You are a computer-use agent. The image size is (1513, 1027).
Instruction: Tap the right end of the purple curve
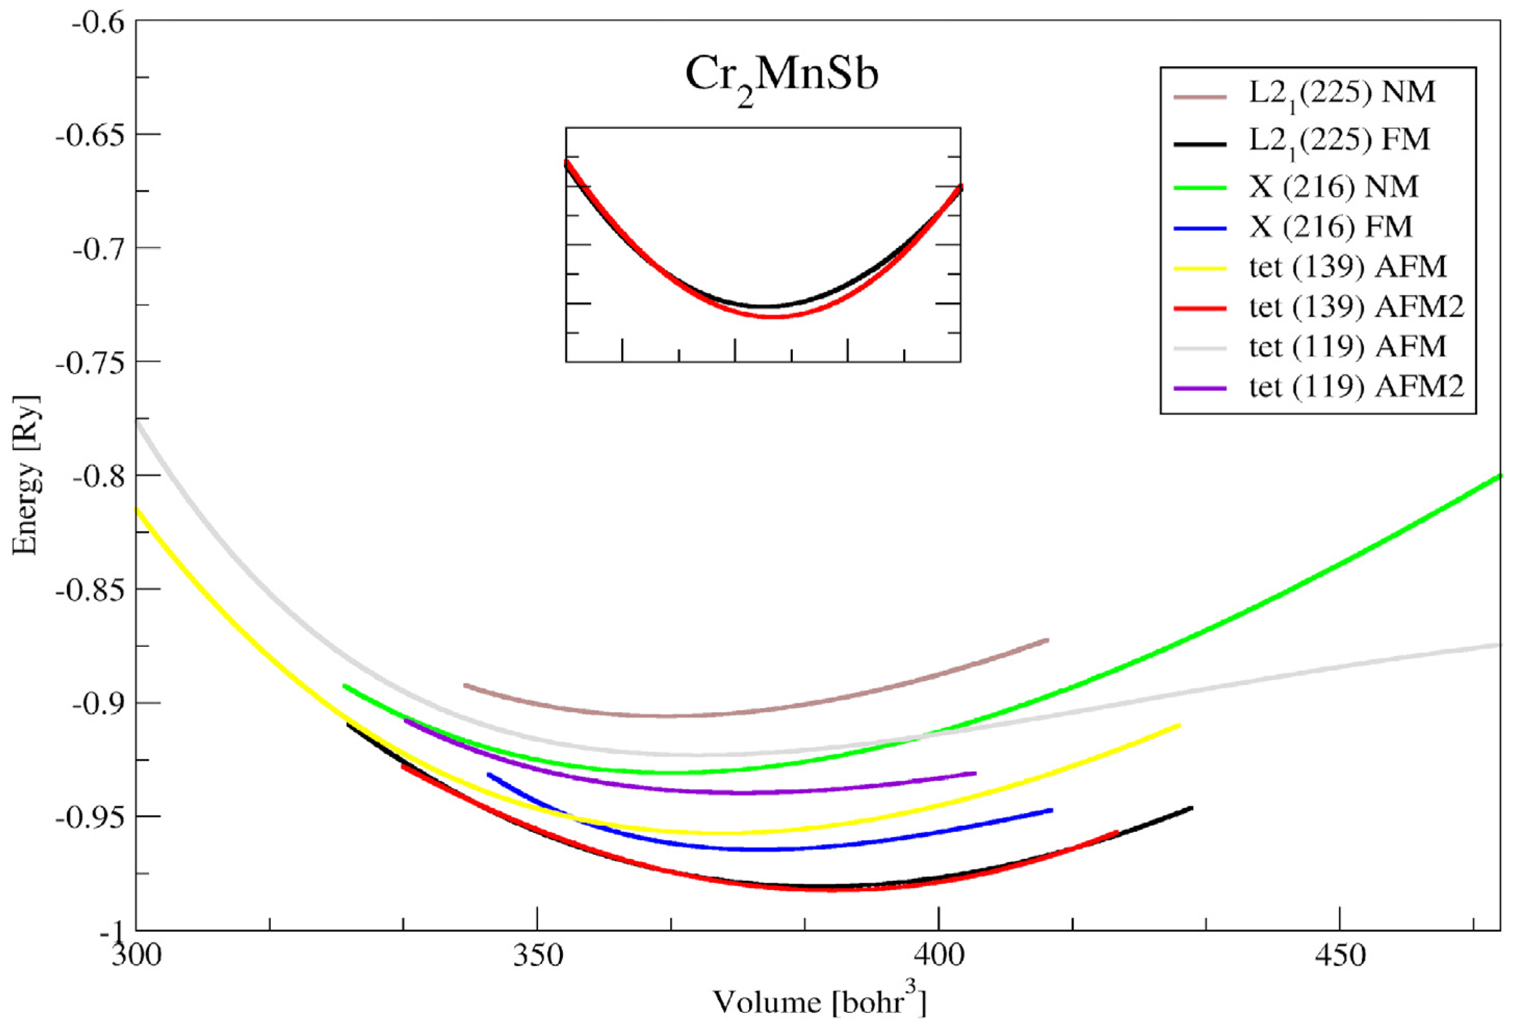[975, 773]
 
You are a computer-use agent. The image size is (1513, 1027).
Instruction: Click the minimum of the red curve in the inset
[772, 317]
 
